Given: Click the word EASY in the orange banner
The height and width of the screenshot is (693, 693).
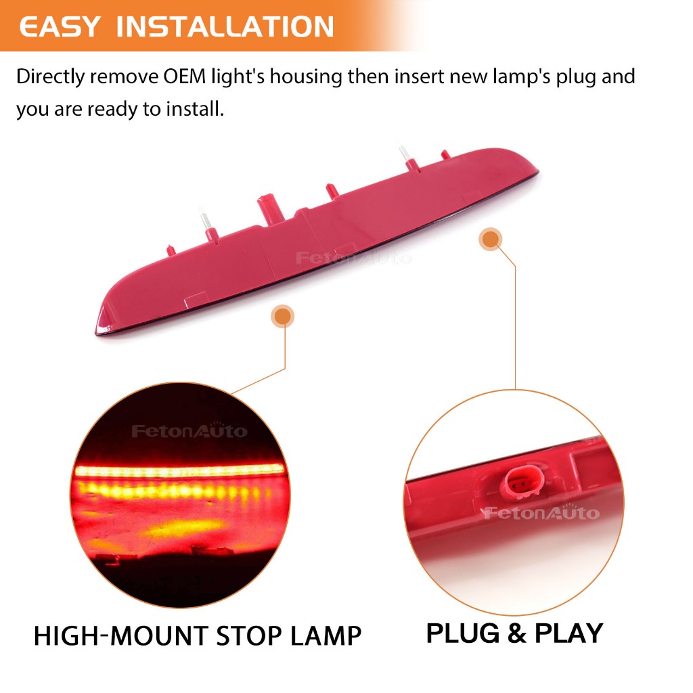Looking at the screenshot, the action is pos(60,26).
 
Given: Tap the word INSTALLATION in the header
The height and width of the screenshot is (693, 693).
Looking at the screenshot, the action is pos(225,26).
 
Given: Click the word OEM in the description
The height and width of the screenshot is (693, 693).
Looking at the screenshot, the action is pos(185,76).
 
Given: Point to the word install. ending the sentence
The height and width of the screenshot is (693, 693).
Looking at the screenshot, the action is pos(195,109).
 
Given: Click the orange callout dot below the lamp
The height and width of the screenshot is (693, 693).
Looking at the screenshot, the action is pos(283,316).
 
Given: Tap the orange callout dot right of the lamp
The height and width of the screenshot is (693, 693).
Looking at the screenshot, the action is pos(490,240).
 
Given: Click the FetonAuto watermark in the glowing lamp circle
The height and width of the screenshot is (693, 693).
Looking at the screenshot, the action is pos(189,430).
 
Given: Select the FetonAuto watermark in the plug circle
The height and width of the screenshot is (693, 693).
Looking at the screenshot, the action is pos(541,512).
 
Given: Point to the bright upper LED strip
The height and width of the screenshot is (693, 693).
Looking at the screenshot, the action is pos(179,471).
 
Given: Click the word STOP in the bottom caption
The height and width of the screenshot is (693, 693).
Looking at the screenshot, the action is pos(250,636).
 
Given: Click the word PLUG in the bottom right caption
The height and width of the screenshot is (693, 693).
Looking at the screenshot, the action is pos(463,633).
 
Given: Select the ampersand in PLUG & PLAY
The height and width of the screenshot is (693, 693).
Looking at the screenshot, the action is pos(517,633).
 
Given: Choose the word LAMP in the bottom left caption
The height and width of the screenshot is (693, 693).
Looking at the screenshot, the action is pos(326,636).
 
